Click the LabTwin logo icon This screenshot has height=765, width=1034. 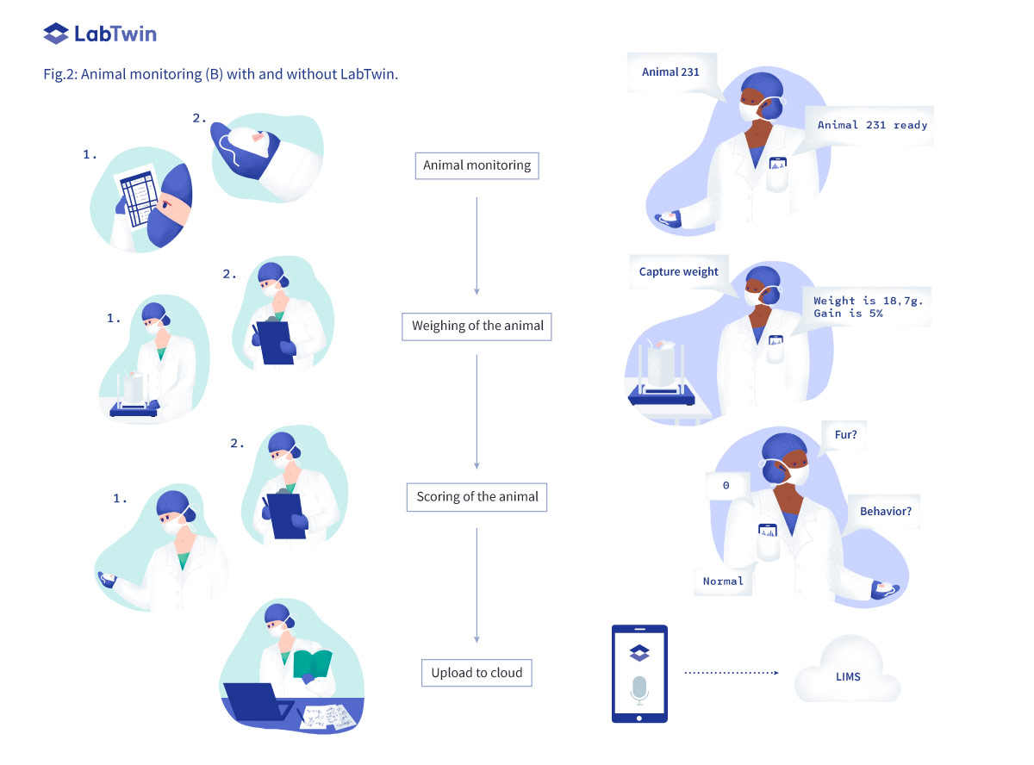tap(56, 34)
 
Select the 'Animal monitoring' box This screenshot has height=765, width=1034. tap(477, 165)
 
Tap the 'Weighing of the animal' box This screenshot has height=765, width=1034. tap(477, 327)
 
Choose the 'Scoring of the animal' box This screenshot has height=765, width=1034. tap(477, 497)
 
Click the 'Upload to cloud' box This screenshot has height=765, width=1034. tap(477, 673)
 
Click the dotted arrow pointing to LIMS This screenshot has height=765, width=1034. tap(731, 673)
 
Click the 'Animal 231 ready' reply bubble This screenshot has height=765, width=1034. tap(872, 126)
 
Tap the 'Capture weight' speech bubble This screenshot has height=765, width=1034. tap(679, 272)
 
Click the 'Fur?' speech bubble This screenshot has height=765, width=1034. tap(846, 435)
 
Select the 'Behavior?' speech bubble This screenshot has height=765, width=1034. tap(885, 512)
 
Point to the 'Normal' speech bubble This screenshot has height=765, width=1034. tap(723, 582)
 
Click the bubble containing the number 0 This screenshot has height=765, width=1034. tap(726, 486)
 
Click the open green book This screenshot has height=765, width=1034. tap(312, 664)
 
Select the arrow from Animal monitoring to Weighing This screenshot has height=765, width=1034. tap(477, 246)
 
